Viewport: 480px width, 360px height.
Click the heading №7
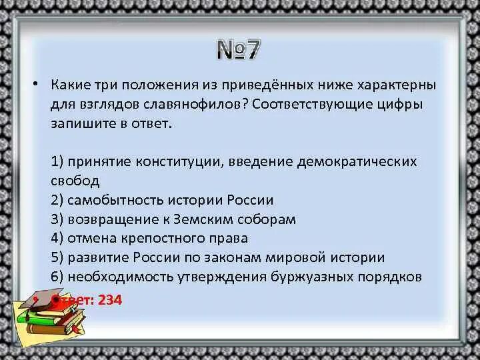[239, 50]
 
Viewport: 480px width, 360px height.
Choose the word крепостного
[161, 238]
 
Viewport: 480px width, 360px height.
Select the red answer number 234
[110, 300]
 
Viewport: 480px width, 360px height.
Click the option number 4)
[57, 238]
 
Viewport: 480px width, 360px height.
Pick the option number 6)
[57, 276]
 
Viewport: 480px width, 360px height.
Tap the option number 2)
[57, 200]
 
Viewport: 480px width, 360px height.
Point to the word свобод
[75, 181]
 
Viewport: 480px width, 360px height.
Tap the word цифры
[401, 105]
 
